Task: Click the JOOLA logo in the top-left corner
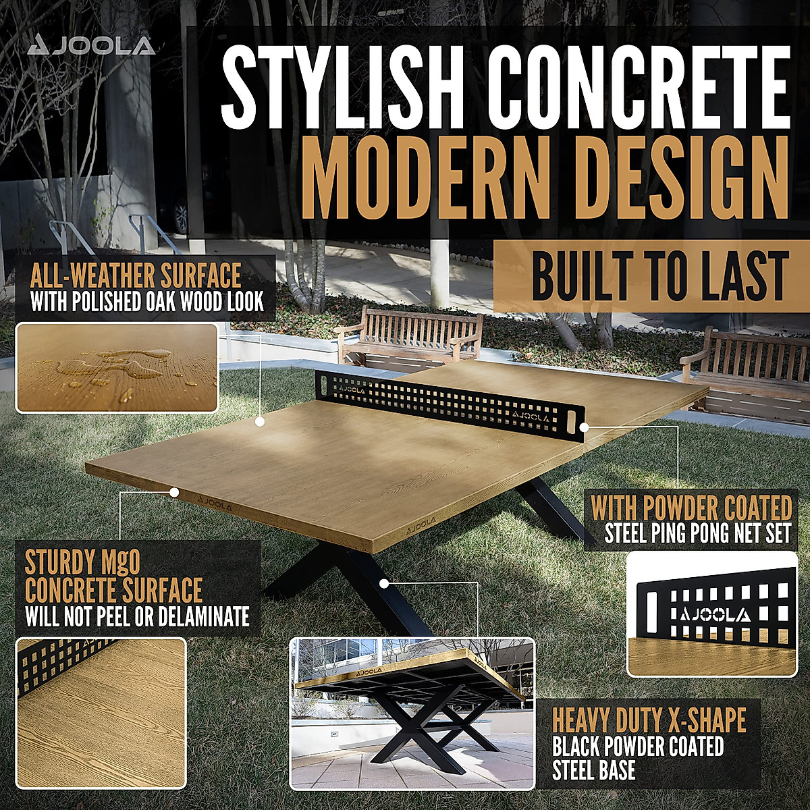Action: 92,45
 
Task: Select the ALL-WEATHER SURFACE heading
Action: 136,276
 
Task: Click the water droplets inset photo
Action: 116,368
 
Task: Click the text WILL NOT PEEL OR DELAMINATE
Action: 137,616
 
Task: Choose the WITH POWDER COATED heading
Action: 691,507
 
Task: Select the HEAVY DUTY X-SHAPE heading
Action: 649,721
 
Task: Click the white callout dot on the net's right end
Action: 585,427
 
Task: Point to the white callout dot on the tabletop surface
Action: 260,422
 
